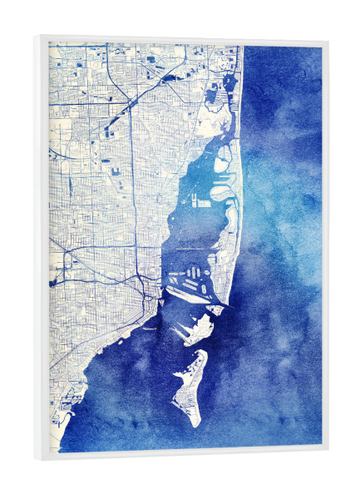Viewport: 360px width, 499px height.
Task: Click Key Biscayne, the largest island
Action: click(190, 387)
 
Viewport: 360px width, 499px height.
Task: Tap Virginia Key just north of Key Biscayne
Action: click(200, 329)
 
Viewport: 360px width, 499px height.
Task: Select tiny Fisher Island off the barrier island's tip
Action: click(215, 310)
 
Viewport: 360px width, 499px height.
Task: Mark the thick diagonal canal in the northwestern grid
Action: click(125, 107)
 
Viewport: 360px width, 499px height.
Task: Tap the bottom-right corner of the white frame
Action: click(328, 450)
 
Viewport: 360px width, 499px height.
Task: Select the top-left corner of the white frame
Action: click(37, 35)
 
